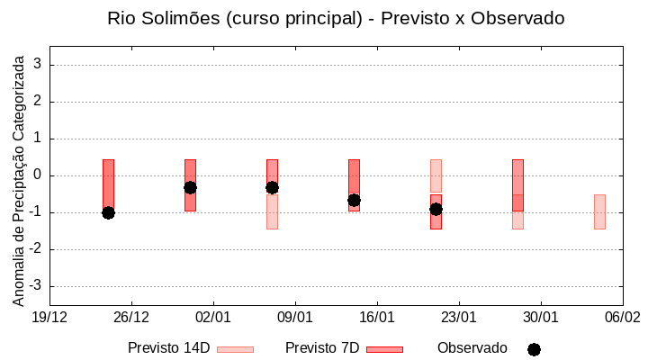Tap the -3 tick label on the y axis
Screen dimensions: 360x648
coord(35,286)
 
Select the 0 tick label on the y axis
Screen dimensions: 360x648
coord(38,175)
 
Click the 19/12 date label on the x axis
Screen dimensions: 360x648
coord(49,317)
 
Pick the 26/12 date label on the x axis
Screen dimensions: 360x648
coord(131,317)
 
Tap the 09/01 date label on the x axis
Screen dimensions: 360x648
coord(295,317)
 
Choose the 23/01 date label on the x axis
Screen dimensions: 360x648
coord(459,317)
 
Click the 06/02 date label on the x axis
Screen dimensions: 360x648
coord(622,317)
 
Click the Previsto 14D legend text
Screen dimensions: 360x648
coord(168,348)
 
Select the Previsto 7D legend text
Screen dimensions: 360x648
coord(322,348)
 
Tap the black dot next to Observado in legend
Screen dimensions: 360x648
coord(534,349)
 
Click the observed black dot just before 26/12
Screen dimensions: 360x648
coord(108,212)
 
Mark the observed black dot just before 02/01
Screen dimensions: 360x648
coord(190,187)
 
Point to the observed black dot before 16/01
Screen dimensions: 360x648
coord(354,200)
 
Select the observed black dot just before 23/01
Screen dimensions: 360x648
coord(436,209)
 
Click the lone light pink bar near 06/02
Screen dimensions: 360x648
coord(599,211)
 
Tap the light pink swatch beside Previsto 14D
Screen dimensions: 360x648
coord(235,349)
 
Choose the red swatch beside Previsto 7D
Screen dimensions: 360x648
coord(384,349)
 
